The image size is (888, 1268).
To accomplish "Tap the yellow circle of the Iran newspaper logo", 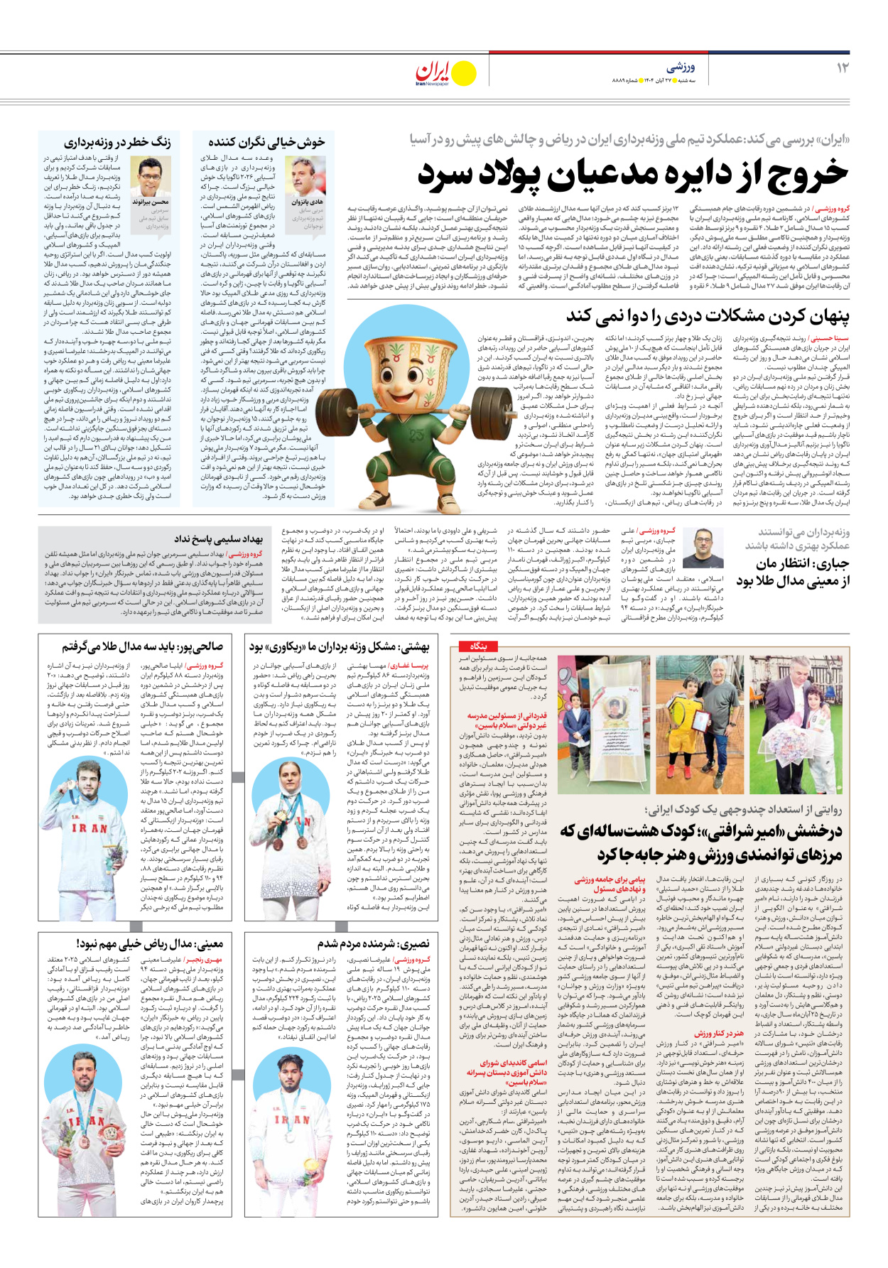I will (464, 73).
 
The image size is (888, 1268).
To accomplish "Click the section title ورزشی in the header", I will (680, 67).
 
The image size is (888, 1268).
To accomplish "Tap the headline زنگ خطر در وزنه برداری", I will (117, 142).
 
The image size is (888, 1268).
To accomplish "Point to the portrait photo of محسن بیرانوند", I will (151, 177).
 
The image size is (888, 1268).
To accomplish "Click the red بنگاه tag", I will (478, 646).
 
